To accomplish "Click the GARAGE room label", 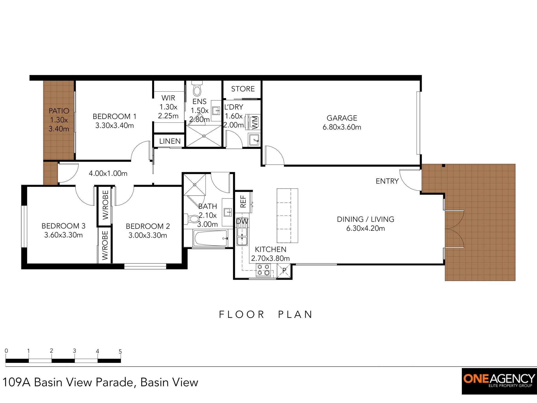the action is [342, 118].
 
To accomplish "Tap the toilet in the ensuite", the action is [197, 88].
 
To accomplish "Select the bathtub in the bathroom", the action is [211, 238].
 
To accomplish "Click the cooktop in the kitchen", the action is [263, 270].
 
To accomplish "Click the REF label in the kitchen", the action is [243, 201].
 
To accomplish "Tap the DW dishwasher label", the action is [242, 221].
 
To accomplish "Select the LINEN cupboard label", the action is [170, 141].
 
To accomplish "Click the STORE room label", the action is [243, 89].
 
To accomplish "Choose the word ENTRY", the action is [387, 181].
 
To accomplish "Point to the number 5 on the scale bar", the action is [120, 352].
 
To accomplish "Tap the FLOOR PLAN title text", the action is [266, 314].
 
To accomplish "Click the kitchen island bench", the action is [287, 215].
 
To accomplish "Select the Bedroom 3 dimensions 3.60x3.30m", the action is [63, 235].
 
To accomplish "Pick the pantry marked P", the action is [284, 271].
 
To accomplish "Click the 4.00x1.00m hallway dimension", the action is [108, 173].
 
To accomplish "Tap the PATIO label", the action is [59, 111].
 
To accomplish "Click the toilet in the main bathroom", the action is [192, 219].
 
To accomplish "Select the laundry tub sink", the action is [254, 140].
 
